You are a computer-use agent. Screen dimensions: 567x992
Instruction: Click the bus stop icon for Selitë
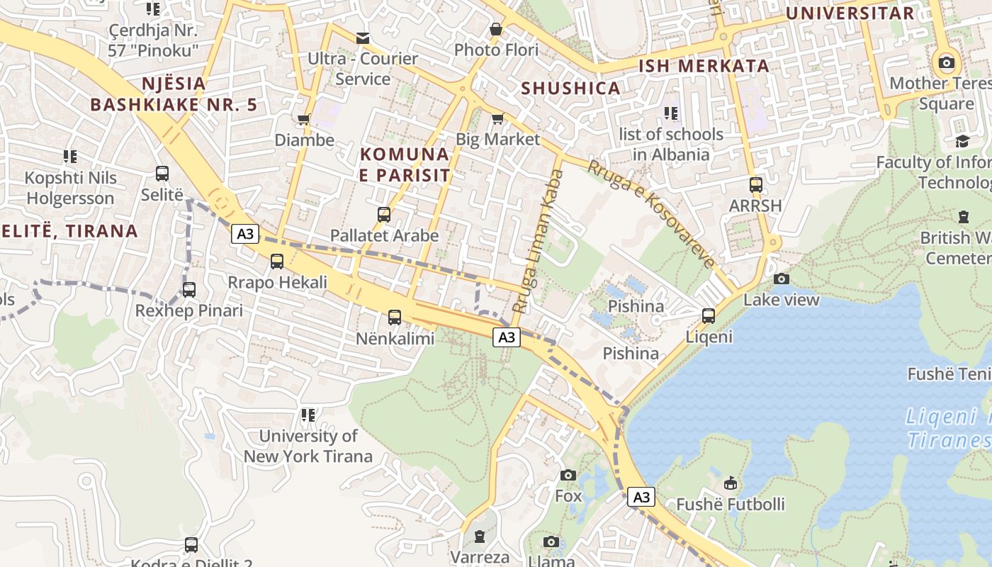[x=162, y=174]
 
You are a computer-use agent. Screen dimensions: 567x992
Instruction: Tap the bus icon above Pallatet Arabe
[x=384, y=214]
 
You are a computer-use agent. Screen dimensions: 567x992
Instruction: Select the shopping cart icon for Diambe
[x=304, y=119]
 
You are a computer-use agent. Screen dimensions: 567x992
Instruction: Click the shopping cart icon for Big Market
[x=497, y=118]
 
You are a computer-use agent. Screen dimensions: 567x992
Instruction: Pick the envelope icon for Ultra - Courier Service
[x=363, y=38]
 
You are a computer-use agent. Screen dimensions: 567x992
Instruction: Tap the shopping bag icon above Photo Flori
[x=496, y=29]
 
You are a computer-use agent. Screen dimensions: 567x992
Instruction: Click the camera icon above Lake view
[x=782, y=279]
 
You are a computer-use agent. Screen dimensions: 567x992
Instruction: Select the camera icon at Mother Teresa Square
[x=946, y=62]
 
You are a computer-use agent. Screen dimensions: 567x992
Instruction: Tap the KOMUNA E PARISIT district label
[x=405, y=164]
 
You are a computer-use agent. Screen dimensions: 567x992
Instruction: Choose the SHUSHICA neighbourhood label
[x=571, y=89]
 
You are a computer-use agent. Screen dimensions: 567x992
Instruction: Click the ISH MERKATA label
[x=704, y=67]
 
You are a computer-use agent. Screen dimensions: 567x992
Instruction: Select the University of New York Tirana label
[x=308, y=446]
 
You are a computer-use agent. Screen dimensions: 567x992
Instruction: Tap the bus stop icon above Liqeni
[x=709, y=316]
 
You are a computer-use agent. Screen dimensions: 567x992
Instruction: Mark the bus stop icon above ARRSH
[x=756, y=185]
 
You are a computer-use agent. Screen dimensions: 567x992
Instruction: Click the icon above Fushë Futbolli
[x=731, y=483]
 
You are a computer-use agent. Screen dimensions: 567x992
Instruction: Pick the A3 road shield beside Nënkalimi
[x=507, y=337]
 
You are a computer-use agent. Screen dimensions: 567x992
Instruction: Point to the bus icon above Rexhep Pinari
[x=189, y=290]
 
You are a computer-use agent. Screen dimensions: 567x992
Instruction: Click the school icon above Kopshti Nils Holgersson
[x=69, y=156]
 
